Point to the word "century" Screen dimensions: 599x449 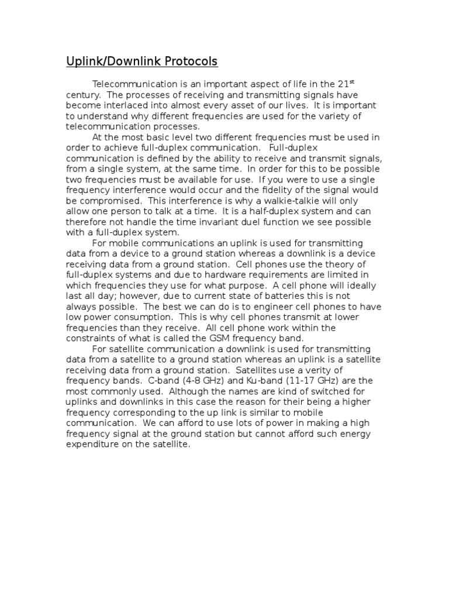[81, 95]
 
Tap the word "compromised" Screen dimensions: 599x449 [95, 201]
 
